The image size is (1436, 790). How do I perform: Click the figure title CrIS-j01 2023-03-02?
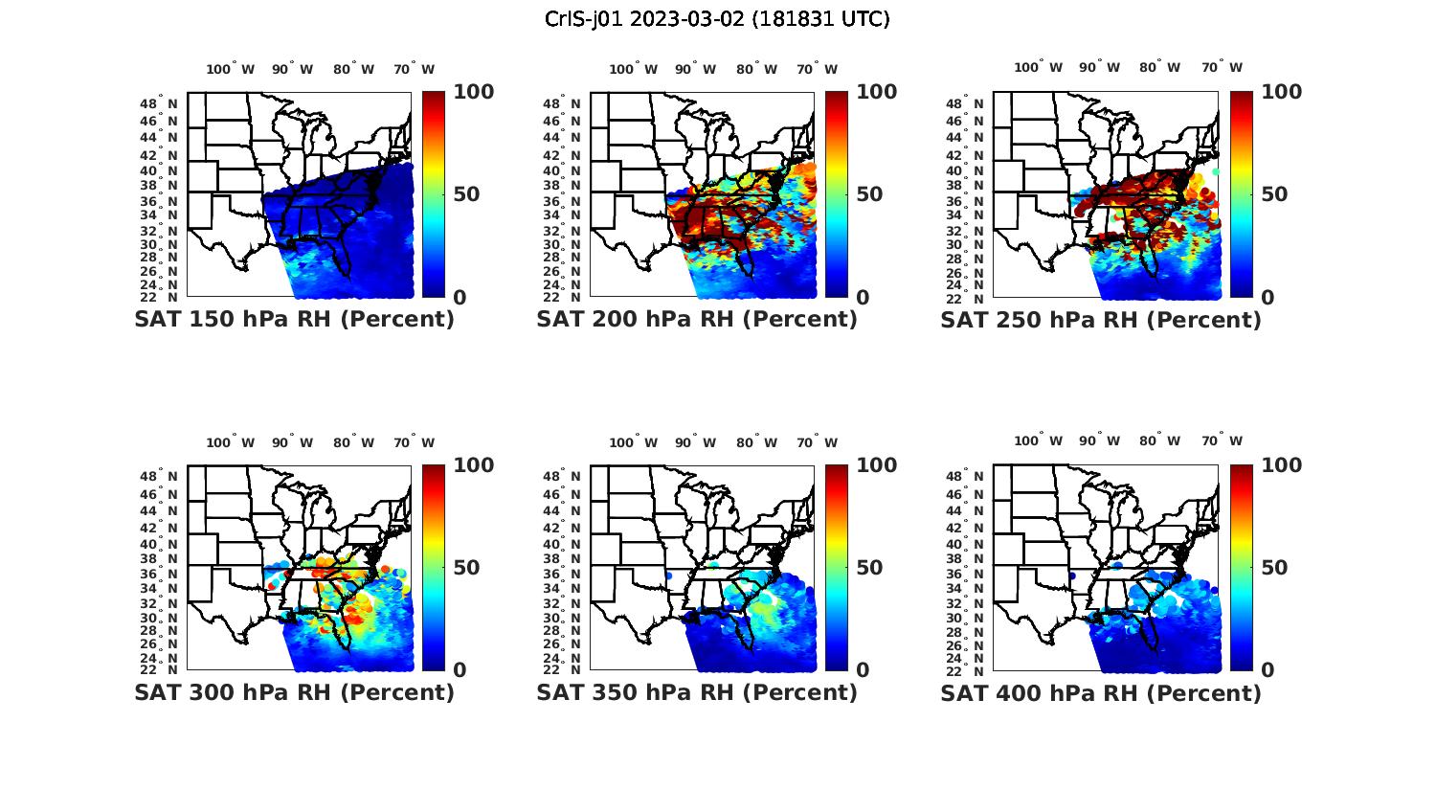click(717, 19)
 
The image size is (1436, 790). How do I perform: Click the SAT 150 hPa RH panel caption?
click(294, 320)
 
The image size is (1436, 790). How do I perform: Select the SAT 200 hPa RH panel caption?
click(697, 320)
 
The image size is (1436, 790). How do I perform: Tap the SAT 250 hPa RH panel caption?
click(1101, 320)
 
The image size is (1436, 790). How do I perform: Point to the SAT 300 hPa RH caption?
click(294, 692)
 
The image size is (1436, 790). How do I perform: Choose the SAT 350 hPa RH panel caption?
click(697, 692)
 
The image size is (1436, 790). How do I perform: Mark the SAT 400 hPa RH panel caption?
click(1101, 692)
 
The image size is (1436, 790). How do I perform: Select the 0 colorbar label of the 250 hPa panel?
click(1268, 298)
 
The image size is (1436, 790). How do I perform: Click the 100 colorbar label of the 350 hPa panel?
click(876, 465)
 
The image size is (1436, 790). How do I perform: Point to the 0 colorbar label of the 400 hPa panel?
click(1268, 670)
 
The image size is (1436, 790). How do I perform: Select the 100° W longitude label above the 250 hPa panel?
click(1038, 68)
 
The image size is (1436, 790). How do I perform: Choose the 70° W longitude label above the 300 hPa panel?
click(414, 442)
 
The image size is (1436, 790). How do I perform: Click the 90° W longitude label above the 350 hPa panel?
click(695, 442)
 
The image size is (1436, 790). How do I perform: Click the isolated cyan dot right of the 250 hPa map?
click(1216, 171)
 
